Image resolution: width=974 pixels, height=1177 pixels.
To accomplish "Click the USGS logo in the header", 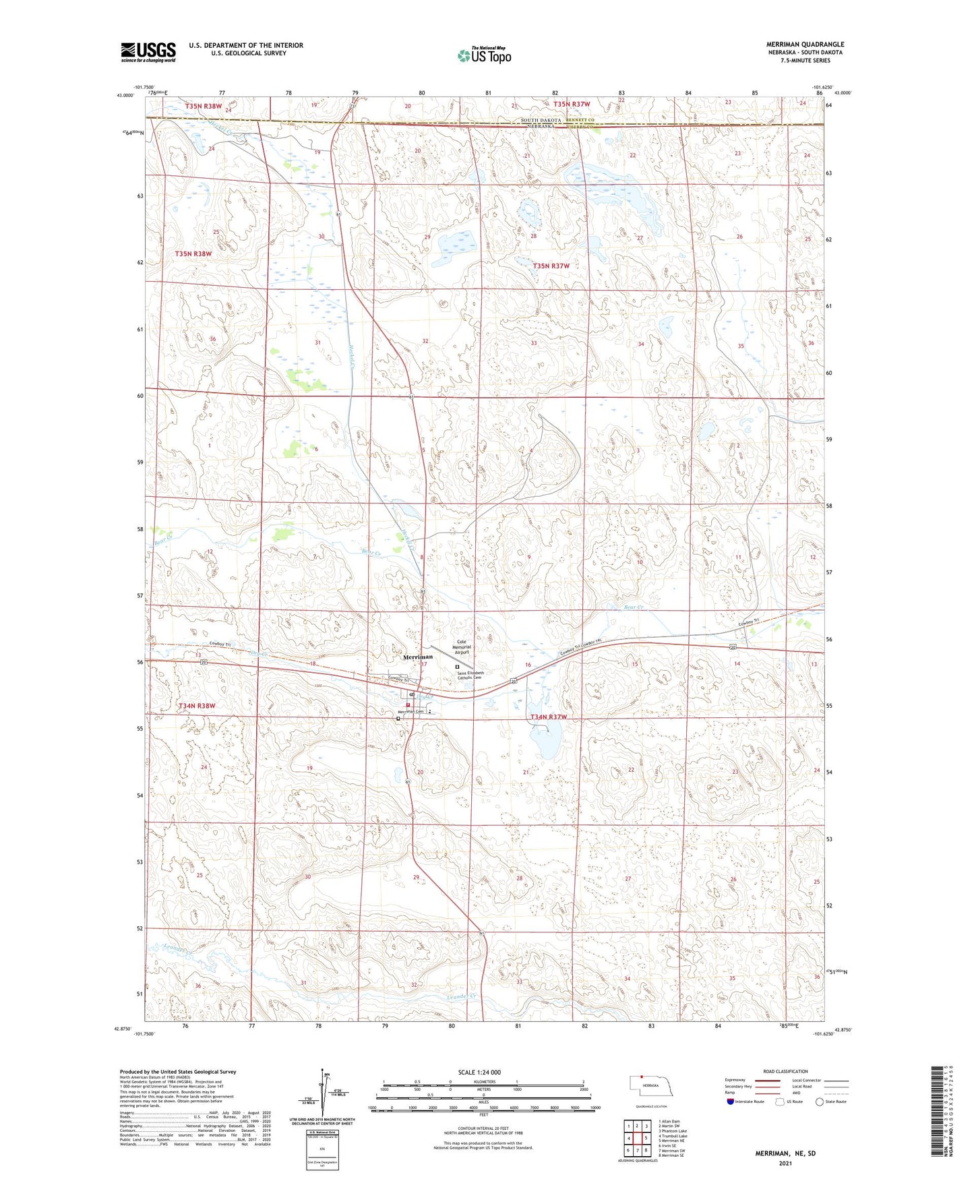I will pyautogui.click(x=148, y=52).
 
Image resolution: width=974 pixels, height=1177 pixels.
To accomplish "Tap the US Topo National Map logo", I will pyautogui.click(x=483, y=55).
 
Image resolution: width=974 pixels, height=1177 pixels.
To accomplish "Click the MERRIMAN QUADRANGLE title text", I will pyautogui.click(x=804, y=44).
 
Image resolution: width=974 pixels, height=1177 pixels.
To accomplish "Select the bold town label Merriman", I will pyautogui.click(x=418, y=657).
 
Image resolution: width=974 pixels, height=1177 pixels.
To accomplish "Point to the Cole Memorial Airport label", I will pyautogui.click(x=462, y=647).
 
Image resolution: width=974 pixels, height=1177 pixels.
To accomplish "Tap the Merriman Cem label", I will pyautogui.click(x=410, y=712).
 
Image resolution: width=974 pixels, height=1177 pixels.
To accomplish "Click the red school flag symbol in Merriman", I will pyautogui.click(x=408, y=704).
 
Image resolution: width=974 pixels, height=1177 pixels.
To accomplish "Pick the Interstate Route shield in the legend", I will pyautogui.click(x=731, y=1101).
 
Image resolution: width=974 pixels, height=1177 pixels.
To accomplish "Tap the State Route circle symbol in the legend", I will pyautogui.click(x=819, y=1101).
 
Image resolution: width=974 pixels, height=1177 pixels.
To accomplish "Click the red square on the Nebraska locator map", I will pyautogui.click(x=642, y=1077).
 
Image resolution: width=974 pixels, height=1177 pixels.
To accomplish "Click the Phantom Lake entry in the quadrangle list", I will pyautogui.click(x=673, y=1131).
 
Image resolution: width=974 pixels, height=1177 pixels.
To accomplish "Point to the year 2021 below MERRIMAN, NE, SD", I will pyautogui.click(x=785, y=1164).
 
